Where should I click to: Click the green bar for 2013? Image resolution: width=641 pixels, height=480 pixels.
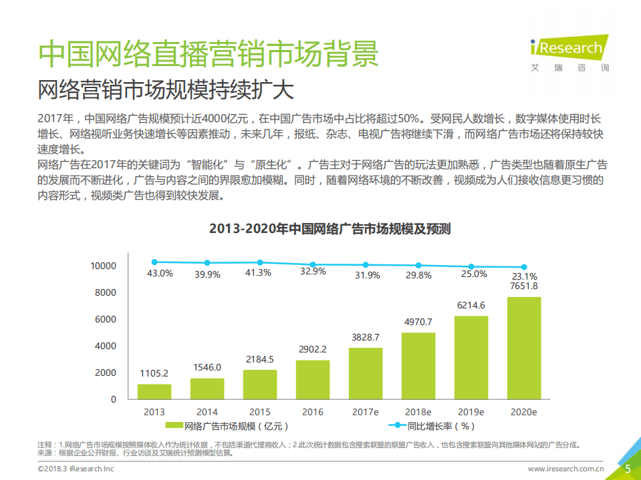click(x=154, y=391)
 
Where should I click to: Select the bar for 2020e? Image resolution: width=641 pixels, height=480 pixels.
click(x=523, y=348)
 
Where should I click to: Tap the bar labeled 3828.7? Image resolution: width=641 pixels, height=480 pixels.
click(x=366, y=373)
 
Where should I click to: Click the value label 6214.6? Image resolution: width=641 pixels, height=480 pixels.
click(x=471, y=305)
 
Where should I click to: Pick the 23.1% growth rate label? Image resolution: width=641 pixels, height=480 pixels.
click(x=524, y=276)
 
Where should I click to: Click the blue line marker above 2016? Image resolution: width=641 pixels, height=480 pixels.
click(x=313, y=264)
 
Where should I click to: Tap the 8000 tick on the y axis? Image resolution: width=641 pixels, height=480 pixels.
click(x=104, y=292)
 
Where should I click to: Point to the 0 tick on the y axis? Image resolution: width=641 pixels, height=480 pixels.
click(x=113, y=399)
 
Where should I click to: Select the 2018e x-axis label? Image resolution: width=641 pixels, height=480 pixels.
click(x=418, y=412)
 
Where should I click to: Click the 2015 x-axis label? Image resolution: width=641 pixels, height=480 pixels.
click(x=260, y=412)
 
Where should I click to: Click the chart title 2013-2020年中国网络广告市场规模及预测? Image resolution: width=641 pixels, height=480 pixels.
click(x=330, y=229)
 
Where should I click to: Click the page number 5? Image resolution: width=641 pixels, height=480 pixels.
click(x=628, y=469)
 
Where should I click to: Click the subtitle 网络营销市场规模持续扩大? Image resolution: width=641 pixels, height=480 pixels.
click(x=166, y=89)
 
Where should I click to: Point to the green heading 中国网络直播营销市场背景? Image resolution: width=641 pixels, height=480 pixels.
click(x=208, y=53)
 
